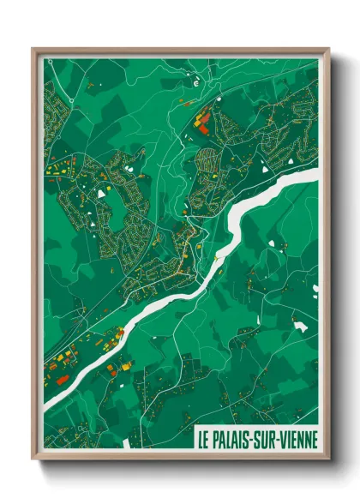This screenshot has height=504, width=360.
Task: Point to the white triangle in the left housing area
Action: pyautogui.click(x=101, y=194)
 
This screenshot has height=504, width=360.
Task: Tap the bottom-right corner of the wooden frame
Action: pyautogui.click(x=328, y=459)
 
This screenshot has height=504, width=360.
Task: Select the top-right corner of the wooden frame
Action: pyautogui.click(x=328, y=49)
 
